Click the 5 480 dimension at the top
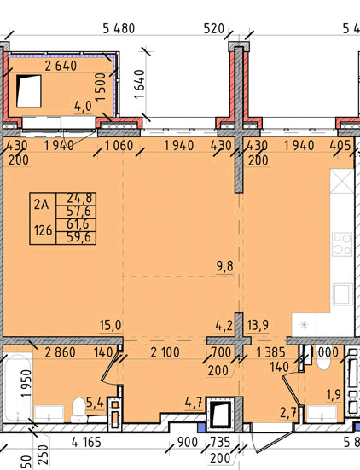click(119, 29)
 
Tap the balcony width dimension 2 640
click(61, 66)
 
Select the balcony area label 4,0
click(83, 107)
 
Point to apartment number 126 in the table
click(44, 230)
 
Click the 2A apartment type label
click(41, 205)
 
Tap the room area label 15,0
click(110, 325)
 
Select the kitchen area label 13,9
click(258, 325)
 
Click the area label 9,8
click(225, 266)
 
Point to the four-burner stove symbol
click(342, 244)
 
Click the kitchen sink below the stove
click(342, 294)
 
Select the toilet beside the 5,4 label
click(78, 409)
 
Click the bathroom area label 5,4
click(95, 403)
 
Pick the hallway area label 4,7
click(194, 403)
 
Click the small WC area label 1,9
click(334, 395)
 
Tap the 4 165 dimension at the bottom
click(87, 442)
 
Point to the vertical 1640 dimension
click(140, 84)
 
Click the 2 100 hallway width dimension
click(165, 352)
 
